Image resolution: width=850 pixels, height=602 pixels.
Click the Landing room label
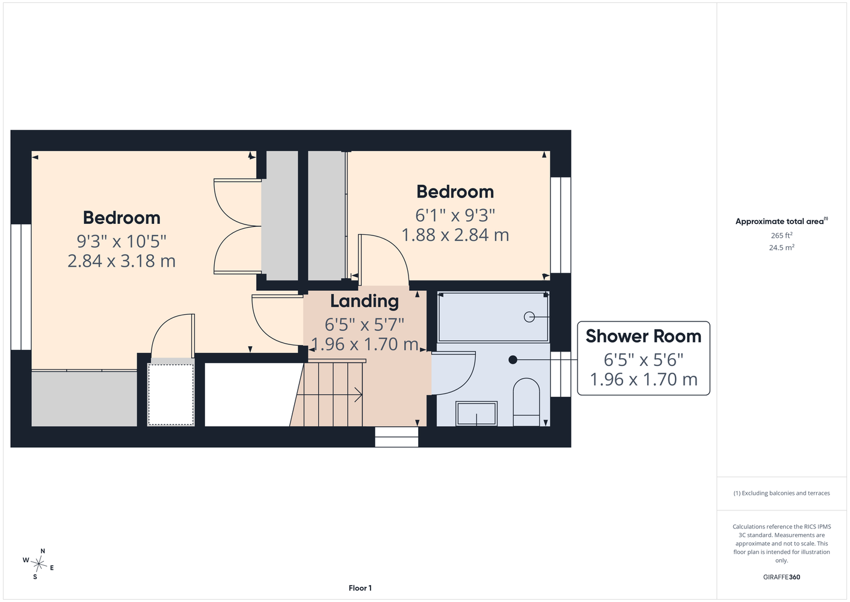pos(365,301)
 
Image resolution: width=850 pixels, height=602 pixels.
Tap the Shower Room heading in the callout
pos(643,336)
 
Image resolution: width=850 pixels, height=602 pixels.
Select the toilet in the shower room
pos(526,402)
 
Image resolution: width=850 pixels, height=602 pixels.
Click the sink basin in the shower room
pos(476,413)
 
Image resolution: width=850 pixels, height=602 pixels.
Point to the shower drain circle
pos(529,317)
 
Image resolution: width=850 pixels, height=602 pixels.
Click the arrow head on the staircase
pos(359,395)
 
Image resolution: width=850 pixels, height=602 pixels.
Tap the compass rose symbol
pos(38,564)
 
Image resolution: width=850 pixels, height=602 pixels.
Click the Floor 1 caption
pos(360,588)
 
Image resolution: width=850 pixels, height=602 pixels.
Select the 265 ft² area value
pos(781,235)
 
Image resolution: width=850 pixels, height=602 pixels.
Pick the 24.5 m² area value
pos(781,247)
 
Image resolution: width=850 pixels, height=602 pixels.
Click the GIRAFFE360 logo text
pos(781,577)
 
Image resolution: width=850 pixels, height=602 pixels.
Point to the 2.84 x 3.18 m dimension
pos(122,261)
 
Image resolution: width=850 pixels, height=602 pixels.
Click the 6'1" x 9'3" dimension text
pos(455,216)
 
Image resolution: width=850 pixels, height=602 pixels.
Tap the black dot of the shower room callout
pos(513,359)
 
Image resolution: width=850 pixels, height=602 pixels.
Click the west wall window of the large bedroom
pos(21,287)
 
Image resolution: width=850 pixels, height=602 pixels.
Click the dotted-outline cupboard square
pos(171,395)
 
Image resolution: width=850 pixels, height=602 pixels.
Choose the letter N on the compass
pos(43,551)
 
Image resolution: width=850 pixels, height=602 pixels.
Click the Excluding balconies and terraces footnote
pos(781,493)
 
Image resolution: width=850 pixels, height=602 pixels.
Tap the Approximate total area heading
pos(781,221)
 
